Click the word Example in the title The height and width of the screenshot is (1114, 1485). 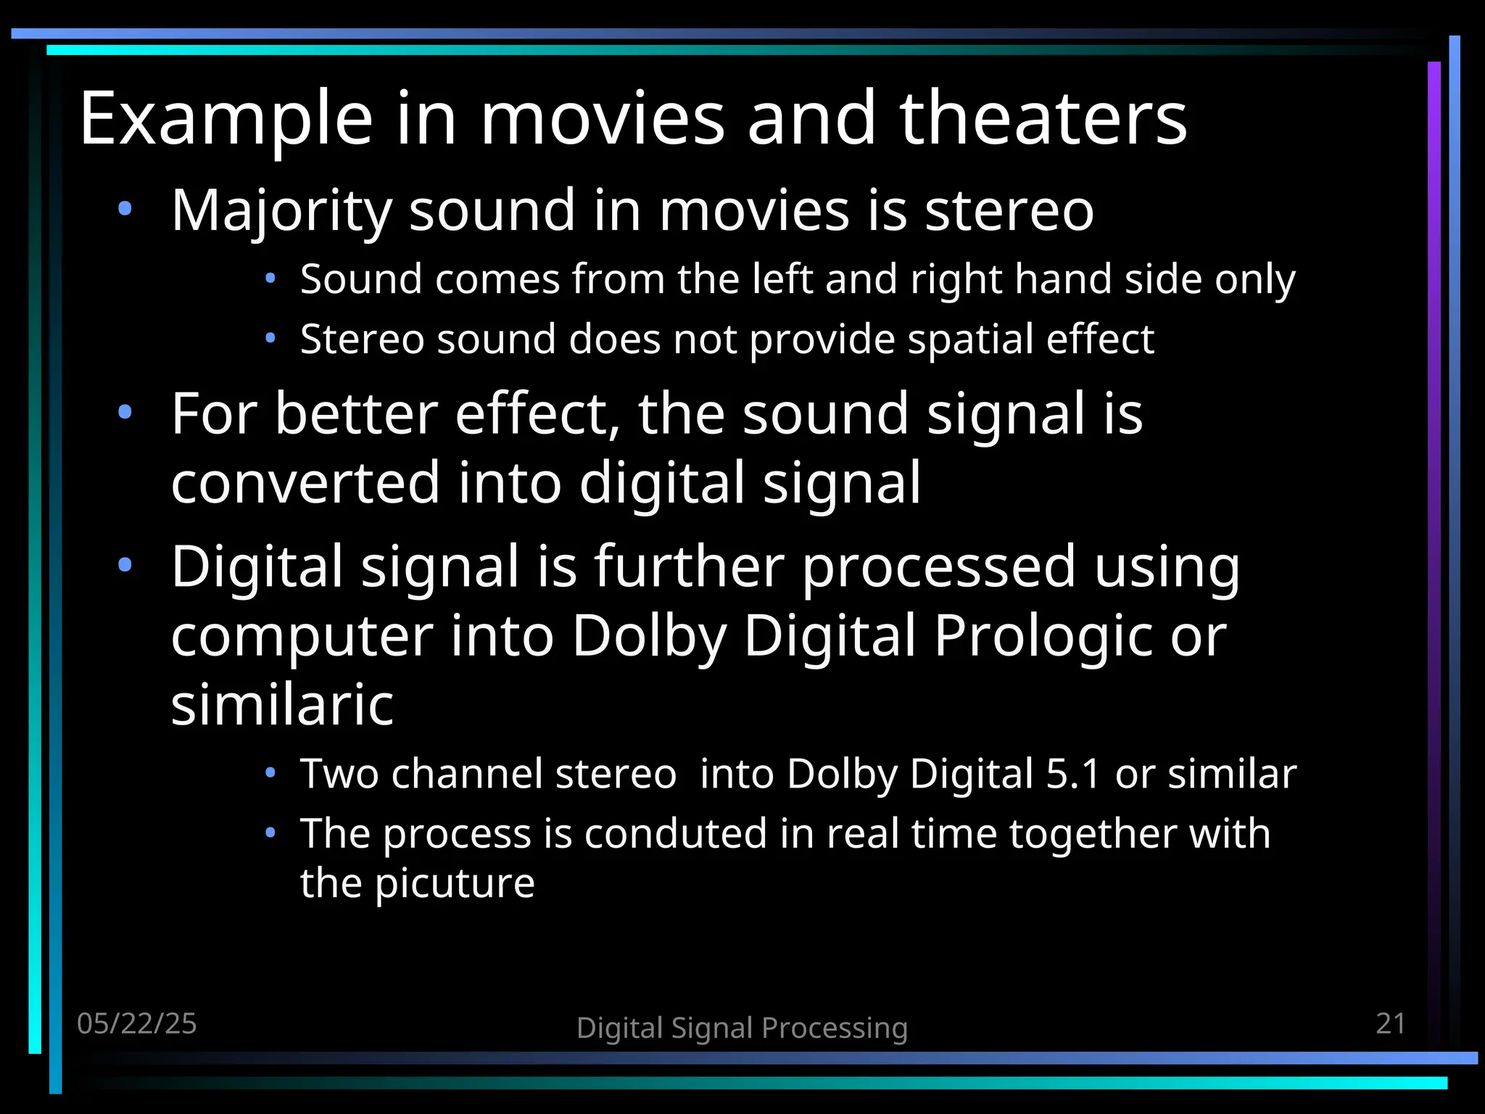coord(226,118)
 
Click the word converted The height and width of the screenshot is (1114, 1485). coord(305,483)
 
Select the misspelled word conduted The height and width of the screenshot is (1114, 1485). coord(675,833)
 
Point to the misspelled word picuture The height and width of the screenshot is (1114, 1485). coord(455,883)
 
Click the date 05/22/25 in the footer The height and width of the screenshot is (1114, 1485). coord(136,1023)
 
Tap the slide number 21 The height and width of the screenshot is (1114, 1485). coord(1390,1023)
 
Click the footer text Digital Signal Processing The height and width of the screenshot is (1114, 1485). coord(742,1028)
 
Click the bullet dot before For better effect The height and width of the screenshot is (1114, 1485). coord(125,413)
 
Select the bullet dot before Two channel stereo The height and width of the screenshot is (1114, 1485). coord(270,773)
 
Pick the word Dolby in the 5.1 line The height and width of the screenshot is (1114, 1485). coord(841,774)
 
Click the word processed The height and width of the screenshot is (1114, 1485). coord(939,567)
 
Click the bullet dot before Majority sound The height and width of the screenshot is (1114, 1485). coord(125,210)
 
